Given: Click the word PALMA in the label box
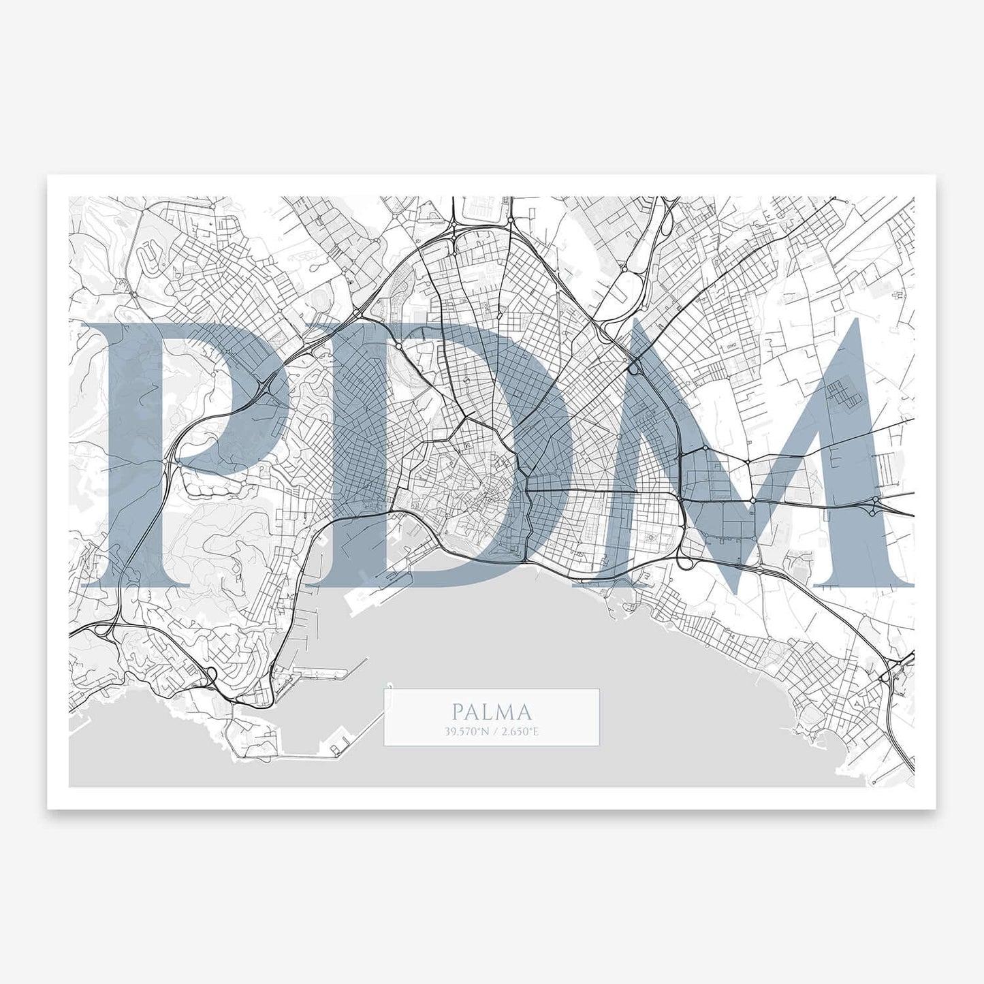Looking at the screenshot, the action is tap(491, 712).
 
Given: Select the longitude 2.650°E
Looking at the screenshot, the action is tap(520, 732).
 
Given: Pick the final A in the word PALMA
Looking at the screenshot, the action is tap(524, 712).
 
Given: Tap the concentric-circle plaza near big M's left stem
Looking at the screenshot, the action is tap(652, 539).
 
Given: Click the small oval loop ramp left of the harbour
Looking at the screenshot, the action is tap(212, 675).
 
